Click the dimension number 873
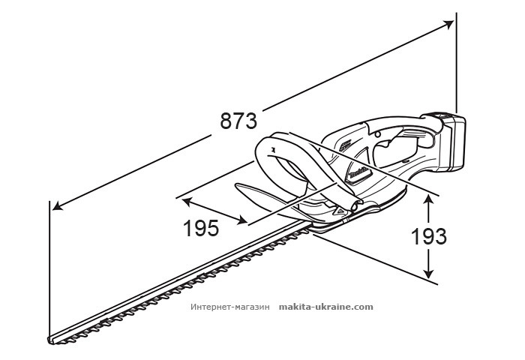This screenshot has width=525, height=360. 238,120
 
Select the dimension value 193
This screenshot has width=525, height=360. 428,236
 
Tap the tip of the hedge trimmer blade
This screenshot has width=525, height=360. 52,339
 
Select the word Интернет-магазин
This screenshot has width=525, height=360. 230,307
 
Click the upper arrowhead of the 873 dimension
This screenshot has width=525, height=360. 450,22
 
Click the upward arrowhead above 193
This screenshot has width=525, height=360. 428,197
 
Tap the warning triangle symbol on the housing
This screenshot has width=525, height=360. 340,211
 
